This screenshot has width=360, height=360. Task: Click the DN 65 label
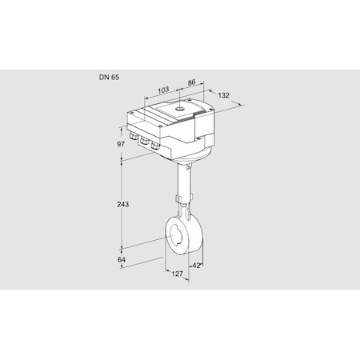[110, 78]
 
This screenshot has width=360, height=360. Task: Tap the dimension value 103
[163, 90]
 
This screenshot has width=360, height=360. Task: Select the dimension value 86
[191, 82]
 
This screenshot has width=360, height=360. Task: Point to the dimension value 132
[223, 95]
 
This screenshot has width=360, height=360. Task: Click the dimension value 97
[121, 144]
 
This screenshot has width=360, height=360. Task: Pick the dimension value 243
[123, 204]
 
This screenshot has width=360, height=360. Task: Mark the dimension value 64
[122, 259]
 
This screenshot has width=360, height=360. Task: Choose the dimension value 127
[178, 274]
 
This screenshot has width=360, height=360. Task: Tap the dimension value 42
[197, 266]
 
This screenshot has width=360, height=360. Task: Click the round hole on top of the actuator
[180, 109]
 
